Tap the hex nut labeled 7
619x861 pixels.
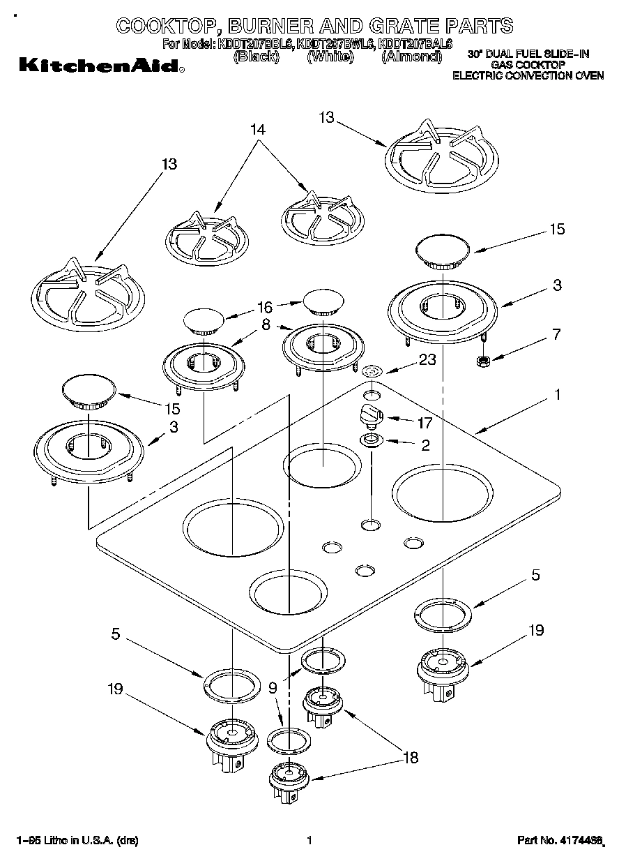(481, 361)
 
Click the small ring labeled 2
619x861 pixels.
(371, 440)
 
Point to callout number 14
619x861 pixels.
(257, 129)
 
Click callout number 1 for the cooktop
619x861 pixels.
(557, 395)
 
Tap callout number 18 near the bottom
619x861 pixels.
(411, 758)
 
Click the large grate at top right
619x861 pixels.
(442, 156)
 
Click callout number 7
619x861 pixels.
(556, 335)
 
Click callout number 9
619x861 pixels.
(273, 687)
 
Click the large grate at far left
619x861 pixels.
(87, 297)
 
